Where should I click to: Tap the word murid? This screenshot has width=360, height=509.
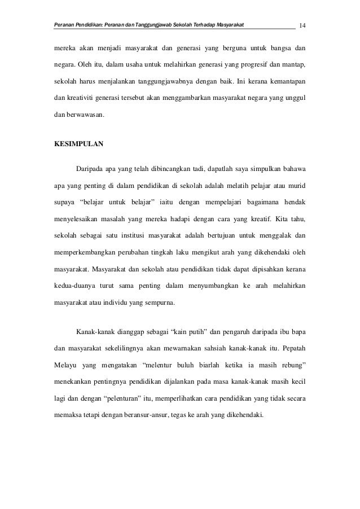tap(297, 185)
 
